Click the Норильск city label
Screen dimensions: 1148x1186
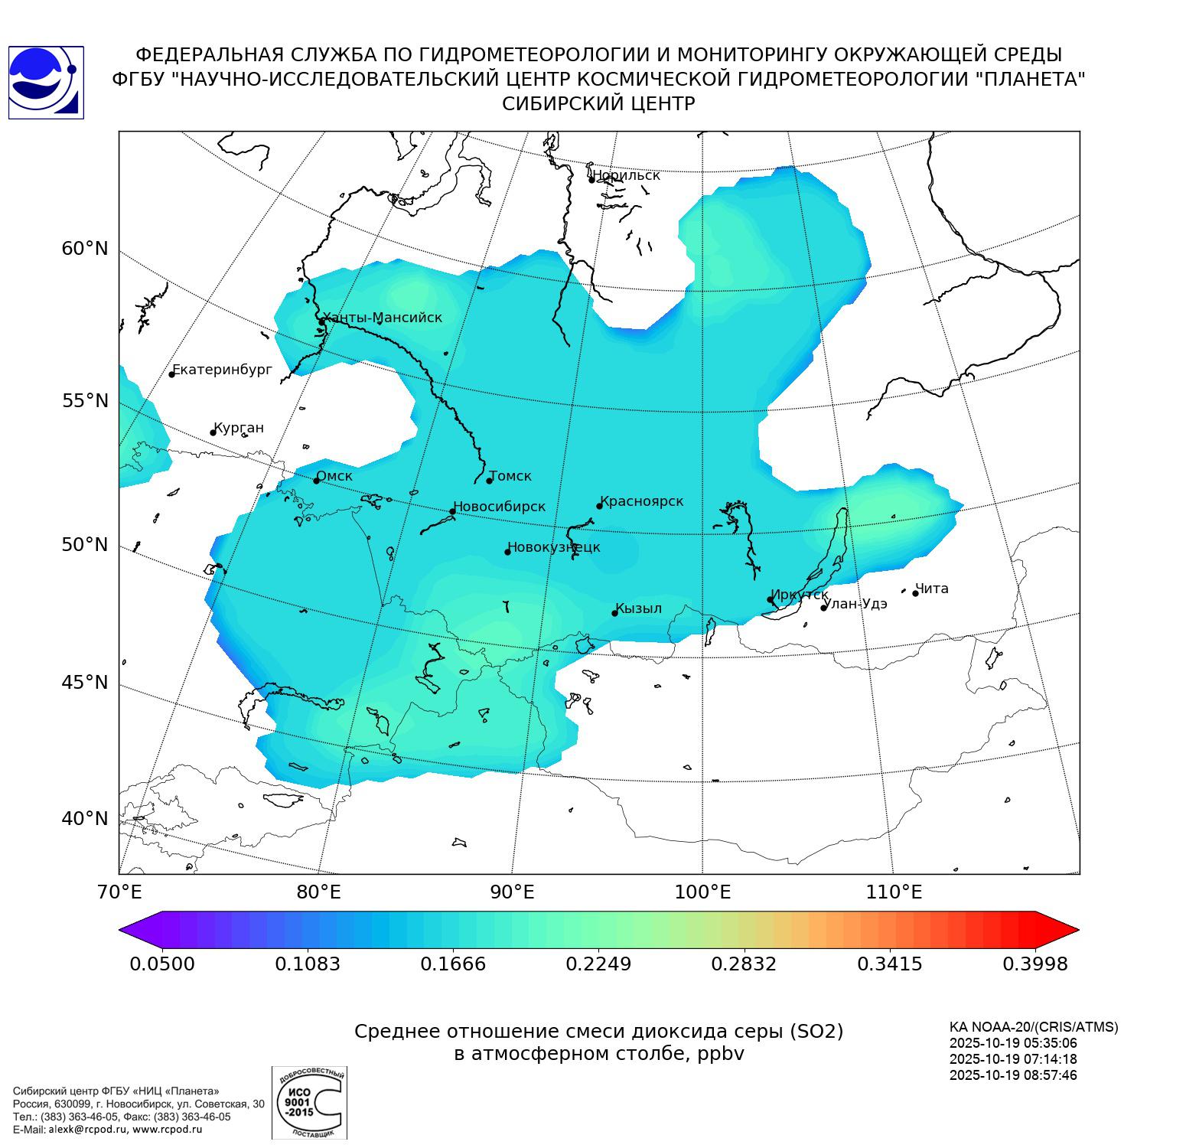[x=626, y=175]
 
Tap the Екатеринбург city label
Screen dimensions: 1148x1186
[x=222, y=370]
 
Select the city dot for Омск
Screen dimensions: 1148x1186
[x=316, y=481]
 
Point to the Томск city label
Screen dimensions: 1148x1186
[x=510, y=476]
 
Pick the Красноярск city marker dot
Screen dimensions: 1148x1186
[x=600, y=506]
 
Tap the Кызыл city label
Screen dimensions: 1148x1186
[x=639, y=608]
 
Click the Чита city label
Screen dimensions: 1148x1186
[x=932, y=589]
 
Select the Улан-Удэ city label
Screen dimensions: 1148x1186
[x=855, y=604]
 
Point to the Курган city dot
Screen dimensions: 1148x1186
[x=213, y=433]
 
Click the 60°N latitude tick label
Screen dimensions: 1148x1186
[x=85, y=249]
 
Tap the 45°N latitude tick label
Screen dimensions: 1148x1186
[x=85, y=682]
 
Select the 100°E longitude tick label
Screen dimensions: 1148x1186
[x=702, y=892]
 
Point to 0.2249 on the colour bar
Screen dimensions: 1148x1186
[x=598, y=964]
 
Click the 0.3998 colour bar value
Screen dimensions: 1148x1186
[x=1034, y=964]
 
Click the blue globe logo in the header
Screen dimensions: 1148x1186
[x=46, y=83]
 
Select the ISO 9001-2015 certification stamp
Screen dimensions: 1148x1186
[x=309, y=1102]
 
